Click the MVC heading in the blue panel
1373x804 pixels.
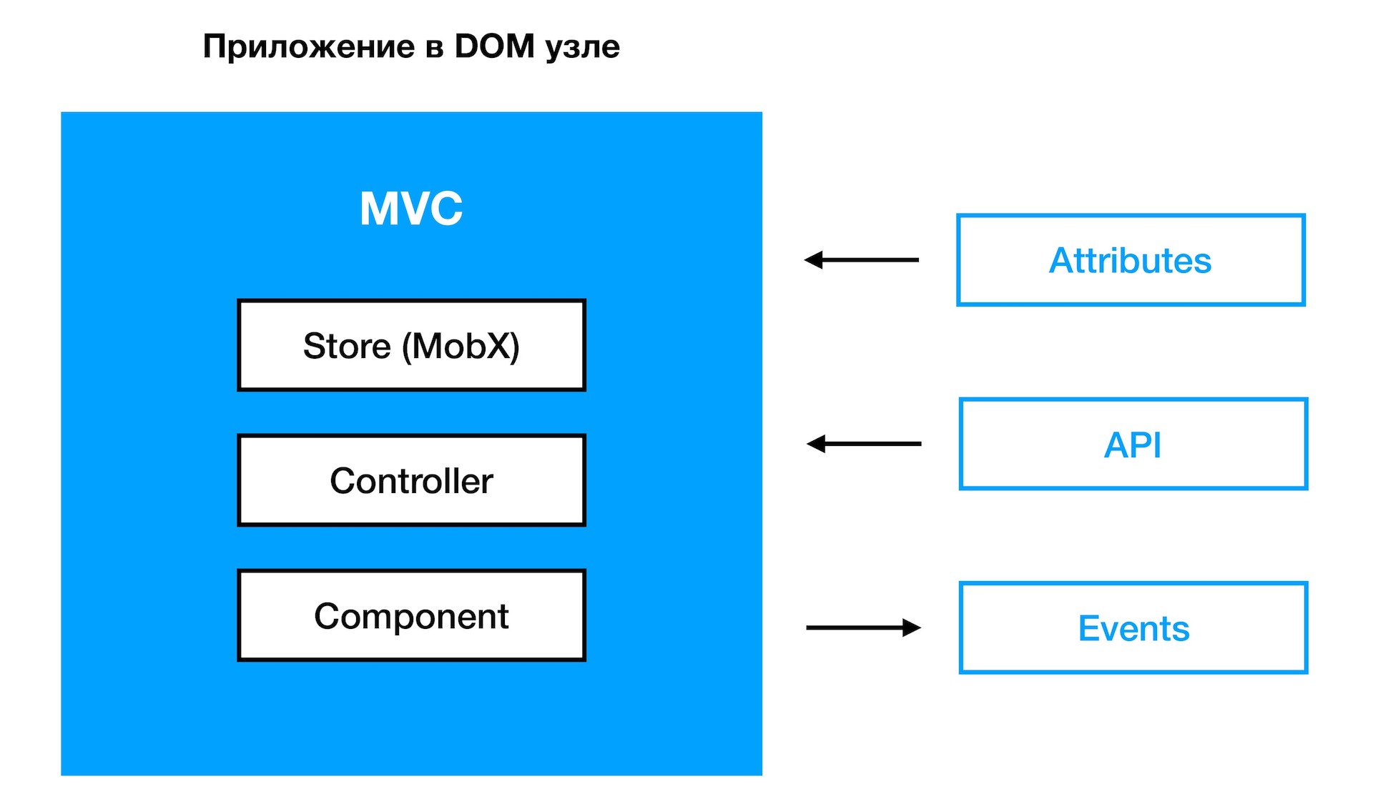tap(411, 208)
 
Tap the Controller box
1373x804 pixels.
tap(411, 480)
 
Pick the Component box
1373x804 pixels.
tap(411, 615)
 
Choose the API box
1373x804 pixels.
tap(1133, 445)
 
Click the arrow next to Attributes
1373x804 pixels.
tap(862, 260)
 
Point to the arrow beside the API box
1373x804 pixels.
tap(864, 444)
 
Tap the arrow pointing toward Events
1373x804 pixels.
tap(863, 627)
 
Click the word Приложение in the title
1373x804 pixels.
tap(308, 47)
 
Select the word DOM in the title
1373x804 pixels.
tap(495, 46)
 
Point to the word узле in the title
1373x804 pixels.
tap(583, 47)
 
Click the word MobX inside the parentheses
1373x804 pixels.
tap(461, 346)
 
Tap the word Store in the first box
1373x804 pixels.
tap(347, 346)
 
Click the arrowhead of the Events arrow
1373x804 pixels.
tap(911, 627)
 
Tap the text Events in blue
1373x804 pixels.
tap(1133, 628)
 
